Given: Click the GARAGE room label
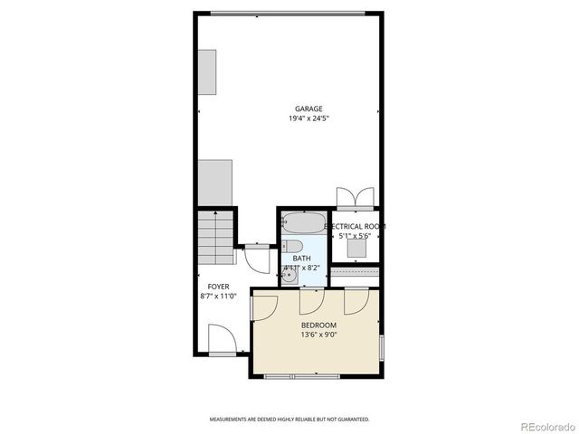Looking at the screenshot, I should click(x=308, y=108).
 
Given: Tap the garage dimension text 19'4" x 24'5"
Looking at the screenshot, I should click(x=308, y=118).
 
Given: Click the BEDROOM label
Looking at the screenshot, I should click(x=318, y=325).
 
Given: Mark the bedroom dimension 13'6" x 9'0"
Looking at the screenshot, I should click(x=318, y=335).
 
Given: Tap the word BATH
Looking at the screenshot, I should click(x=301, y=259).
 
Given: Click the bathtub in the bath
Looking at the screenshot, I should click(x=299, y=223).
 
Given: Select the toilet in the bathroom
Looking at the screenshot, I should click(x=292, y=246).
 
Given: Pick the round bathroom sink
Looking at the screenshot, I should click(x=289, y=278).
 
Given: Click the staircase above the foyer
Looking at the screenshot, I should click(x=216, y=236).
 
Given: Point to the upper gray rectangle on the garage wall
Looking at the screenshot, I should click(x=208, y=72).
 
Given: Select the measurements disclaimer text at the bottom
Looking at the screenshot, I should click(x=289, y=420).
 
